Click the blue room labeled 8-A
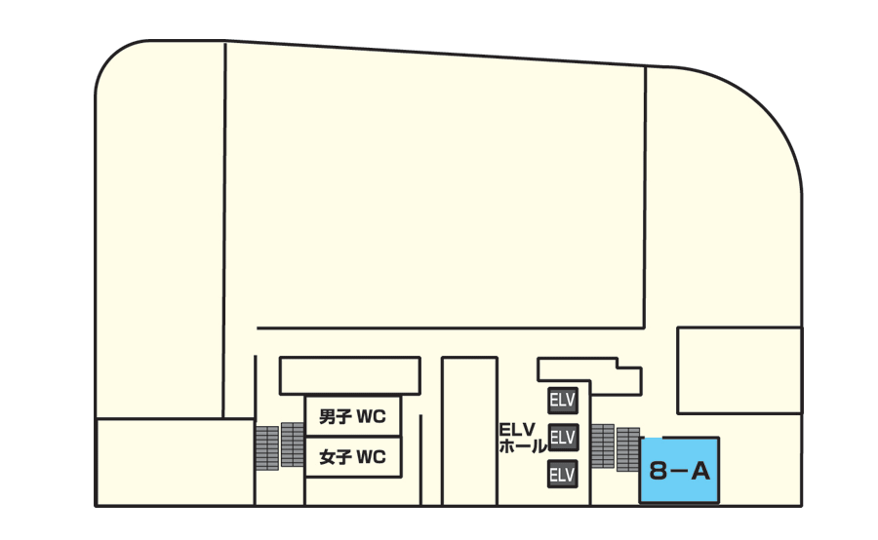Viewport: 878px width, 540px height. (679, 471)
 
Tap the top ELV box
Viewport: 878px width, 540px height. (563, 400)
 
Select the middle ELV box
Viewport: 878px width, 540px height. (563, 437)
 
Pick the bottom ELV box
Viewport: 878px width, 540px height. (563, 475)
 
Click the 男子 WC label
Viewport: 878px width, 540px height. (352, 417)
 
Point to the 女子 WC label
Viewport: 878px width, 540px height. (352, 457)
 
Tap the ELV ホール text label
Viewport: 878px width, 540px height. (522, 439)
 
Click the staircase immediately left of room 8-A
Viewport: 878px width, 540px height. (628, 449)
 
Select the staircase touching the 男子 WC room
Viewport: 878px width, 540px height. (293, 444)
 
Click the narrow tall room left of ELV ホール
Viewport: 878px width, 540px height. (469, 432)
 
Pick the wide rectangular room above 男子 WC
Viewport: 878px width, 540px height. (350, 375)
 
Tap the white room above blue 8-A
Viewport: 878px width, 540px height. (739, 370)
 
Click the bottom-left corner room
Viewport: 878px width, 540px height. (176, 462)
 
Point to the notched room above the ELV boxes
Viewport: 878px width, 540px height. (589, 376)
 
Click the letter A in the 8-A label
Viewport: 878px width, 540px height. (699, 472)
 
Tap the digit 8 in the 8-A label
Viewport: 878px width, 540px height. (658, 472)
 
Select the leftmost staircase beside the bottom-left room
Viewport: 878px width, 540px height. (267, 448)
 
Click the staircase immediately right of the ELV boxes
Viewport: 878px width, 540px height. (603, 446)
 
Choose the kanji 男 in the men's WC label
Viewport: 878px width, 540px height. (327, 417)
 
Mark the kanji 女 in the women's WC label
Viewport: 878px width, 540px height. (327, 457)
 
